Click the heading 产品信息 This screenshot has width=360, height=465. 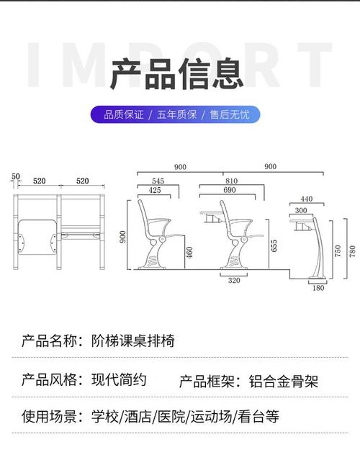(x=176, y=74)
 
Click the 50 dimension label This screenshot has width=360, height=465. (x=15, y=177)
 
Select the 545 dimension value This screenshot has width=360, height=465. (x=158, y=181)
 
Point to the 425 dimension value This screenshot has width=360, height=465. (x=155, y=190)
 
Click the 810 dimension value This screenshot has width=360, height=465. (x=231, y=181)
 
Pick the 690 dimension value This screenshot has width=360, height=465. (x=230, y=190)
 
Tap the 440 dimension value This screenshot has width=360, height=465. (x=306, y=199)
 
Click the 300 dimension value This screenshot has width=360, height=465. (x=301, y=211)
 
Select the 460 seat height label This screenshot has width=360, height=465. (x=189, y=253)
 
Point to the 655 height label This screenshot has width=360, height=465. (x=274, y=246)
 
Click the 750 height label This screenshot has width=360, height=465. (x=338, y=251)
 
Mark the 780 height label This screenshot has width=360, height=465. (x=352, y=251)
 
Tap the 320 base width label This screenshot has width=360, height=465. (x=234, y=281)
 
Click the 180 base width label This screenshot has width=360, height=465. (x=318, y=288)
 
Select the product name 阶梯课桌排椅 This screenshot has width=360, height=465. (x=133, y=340)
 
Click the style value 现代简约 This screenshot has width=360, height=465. (x=119, y=379)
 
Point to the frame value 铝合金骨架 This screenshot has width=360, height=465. (x=283, y=382)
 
